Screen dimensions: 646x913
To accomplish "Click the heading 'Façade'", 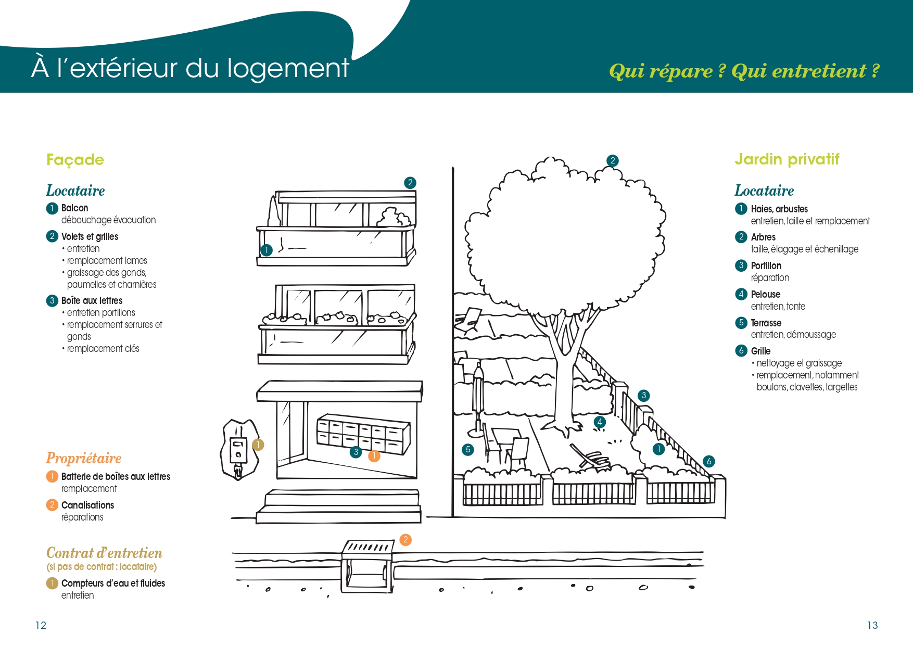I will click(x=75, y=160).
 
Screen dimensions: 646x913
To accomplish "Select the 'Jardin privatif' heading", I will click(x=787, y=159).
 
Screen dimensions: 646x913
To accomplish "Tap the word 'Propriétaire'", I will click(x=84, y=458).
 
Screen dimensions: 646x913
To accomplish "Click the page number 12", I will click(x=41, y=625).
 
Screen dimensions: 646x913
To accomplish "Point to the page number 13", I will click(x=872, y=625).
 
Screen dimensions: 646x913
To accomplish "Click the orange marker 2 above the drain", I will click(x=405, y=540).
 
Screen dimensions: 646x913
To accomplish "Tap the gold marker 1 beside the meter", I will click(x=258, y=445).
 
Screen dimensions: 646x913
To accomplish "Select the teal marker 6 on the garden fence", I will click(x=708, y=461).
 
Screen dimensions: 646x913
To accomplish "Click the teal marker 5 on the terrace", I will click(x=468, y=449).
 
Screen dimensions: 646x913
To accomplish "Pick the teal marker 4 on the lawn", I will click(x=600, y=422).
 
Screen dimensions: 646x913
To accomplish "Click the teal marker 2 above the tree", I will click(x=613, y=161).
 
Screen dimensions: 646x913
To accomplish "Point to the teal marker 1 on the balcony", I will click(x=267, y=250).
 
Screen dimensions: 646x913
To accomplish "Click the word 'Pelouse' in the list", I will click(x=765, y=295).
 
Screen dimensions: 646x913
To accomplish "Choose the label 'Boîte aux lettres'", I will click(x=92, y=301).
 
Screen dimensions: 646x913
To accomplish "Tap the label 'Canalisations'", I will click(x=87, y=505).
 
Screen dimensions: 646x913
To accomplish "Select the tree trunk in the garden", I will click(x=563, y=385).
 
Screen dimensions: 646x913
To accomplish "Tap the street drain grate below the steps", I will click(x=367, y=548).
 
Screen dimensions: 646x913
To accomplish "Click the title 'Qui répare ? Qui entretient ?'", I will click(x=744, y=71).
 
